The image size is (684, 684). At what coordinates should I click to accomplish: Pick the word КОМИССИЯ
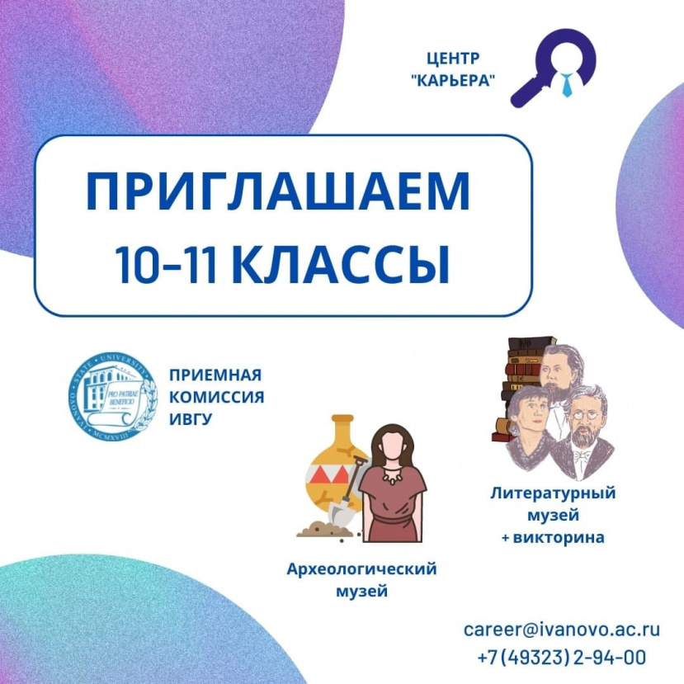216,397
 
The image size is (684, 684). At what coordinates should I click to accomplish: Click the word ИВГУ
190,418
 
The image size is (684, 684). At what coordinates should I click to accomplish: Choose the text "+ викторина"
553,538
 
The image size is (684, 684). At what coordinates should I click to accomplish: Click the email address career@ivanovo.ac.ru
561,629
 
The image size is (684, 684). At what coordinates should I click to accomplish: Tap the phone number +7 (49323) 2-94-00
561,658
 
